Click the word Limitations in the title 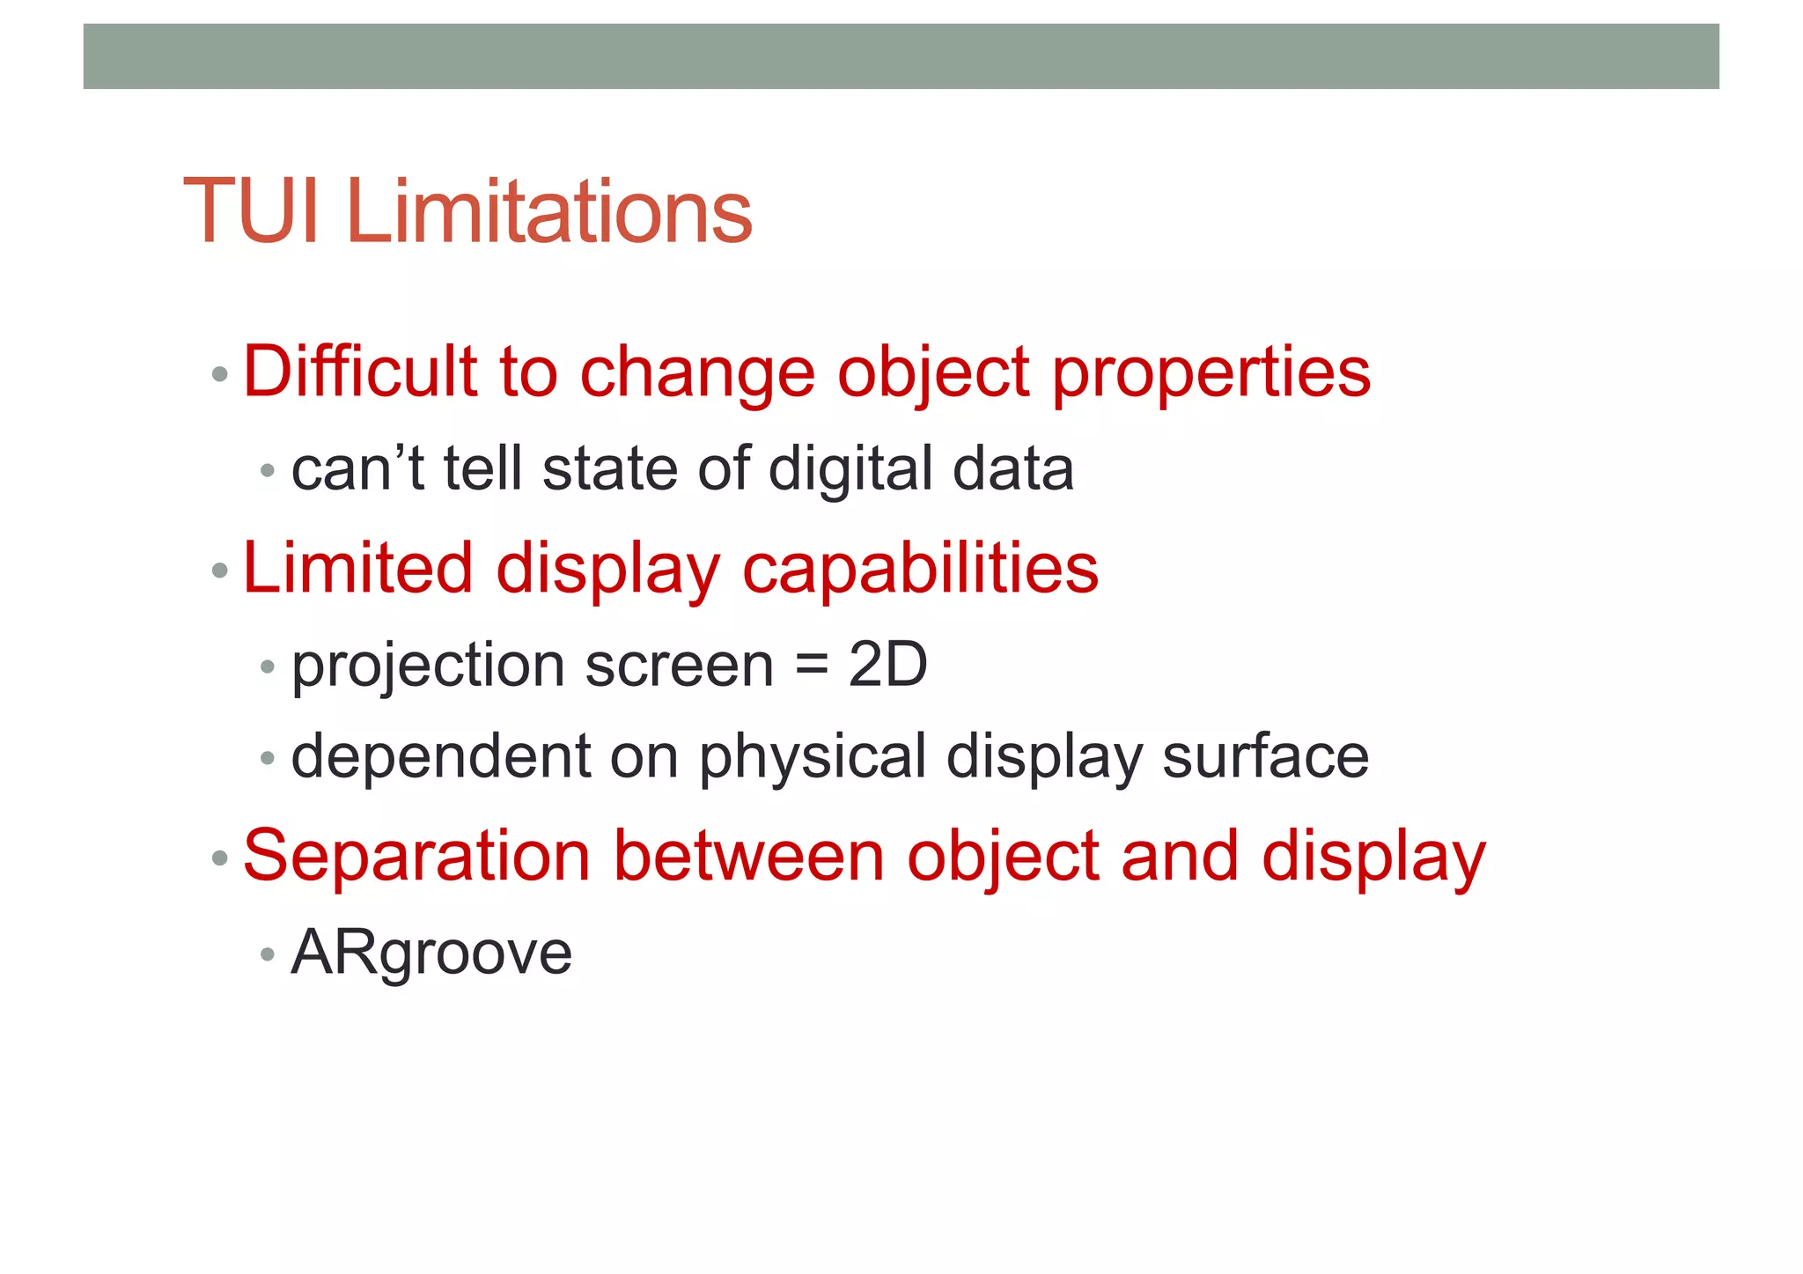(549, 212)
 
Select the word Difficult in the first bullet (359, 372)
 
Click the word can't (357, 468)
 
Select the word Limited (357, 568)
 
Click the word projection (428, 667)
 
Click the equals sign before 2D (811, 666)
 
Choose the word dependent (441, 757)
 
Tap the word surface (1265, 757)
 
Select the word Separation (416, 857)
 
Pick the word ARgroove (431, 954)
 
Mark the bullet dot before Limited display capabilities (220, 571)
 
